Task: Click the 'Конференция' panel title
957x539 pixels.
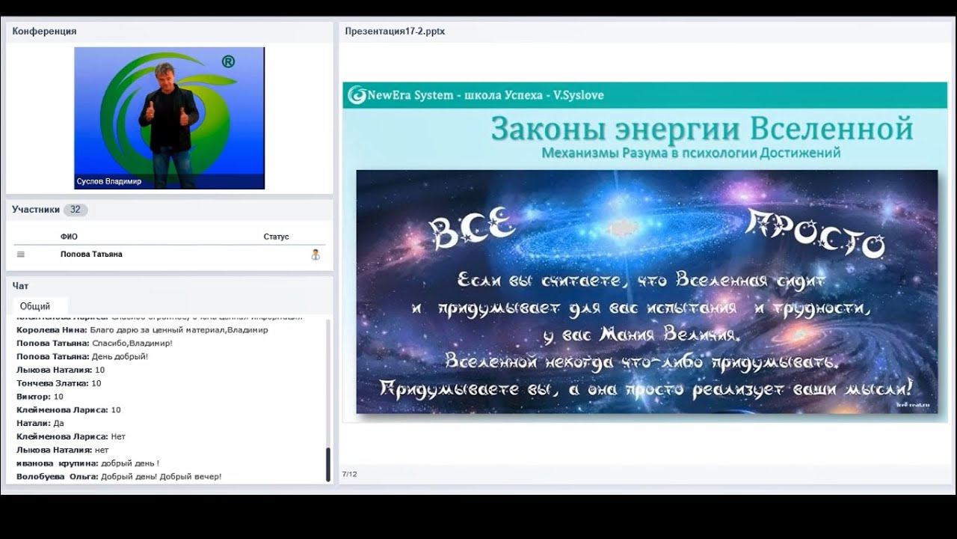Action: point(44,31)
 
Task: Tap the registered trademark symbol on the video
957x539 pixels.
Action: point(228,62)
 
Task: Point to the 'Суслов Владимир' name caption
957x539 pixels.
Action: point(109,181)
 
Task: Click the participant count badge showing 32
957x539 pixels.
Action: point(75,210)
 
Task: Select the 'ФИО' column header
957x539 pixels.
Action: point(69,237)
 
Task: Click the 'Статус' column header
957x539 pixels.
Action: point(276,237)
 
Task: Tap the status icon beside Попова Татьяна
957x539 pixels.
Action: point(316,255)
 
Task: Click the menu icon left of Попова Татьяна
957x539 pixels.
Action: point(21,255)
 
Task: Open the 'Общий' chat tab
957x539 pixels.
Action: point(35,306)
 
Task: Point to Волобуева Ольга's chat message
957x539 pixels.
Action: point(119,477)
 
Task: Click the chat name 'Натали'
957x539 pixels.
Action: point(32,423)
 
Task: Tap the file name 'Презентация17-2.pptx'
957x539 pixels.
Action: point(395,31)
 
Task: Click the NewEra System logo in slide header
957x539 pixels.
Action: point(357,95)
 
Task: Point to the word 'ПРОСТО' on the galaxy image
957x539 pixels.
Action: point(815,234)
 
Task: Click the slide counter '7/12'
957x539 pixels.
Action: point(349,474)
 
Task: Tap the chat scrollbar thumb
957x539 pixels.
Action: point(327,464)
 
